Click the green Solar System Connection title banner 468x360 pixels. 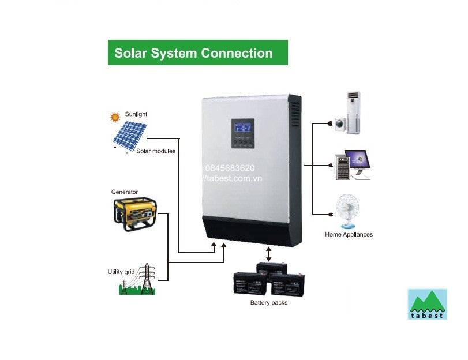click(197, 52)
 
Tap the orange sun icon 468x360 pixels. click(115, 117)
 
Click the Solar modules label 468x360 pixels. click(156, 151)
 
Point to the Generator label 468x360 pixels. click(124, 192)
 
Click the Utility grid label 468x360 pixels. click(121, 272)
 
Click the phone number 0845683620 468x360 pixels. click(230, 168)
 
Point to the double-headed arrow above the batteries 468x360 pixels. click(268, 253)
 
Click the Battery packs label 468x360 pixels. click(268, 302)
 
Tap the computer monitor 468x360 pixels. click(355, 161)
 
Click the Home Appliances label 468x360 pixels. click(349, 235)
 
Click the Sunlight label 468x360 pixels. click(136, 114)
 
